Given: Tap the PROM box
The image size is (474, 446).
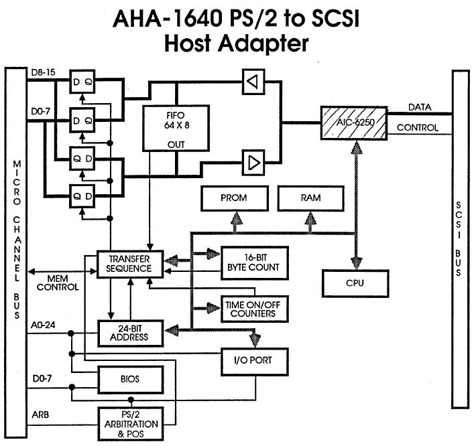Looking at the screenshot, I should coord(233,198).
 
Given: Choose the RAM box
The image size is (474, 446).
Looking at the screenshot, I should coord(310,198).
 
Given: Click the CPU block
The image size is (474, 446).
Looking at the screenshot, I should coord(355,283).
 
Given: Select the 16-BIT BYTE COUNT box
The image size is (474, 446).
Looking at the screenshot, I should coord(249,261).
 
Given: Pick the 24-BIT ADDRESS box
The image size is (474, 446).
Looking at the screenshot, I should coord(131,332).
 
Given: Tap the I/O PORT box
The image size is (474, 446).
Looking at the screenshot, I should coord(257,362).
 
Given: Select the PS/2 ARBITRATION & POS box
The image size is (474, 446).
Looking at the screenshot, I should coord(131,423).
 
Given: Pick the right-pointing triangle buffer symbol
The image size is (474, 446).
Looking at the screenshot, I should coord(251,161).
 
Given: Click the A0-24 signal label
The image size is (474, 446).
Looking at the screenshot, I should coord(43,325).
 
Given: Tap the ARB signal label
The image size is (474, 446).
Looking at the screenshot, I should coord(39,413).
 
